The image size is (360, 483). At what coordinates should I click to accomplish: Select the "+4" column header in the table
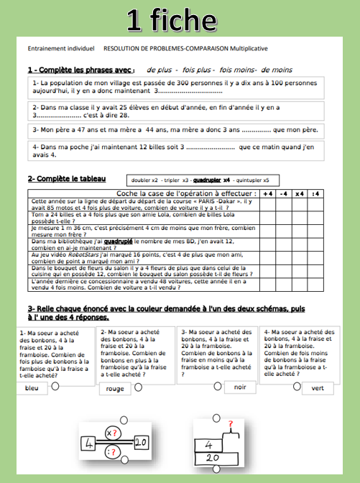coord(267,194)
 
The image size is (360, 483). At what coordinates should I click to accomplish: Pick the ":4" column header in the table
coord(317,194)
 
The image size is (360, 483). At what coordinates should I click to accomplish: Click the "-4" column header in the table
coord(284,194)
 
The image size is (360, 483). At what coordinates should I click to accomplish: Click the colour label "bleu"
coord(32,388)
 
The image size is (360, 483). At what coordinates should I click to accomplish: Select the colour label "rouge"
coord(114,388)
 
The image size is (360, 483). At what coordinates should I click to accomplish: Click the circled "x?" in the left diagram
coord(111,433)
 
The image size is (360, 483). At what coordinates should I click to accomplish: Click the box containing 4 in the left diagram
coord(91,443)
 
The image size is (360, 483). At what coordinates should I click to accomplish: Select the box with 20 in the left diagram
coord(141,443)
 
